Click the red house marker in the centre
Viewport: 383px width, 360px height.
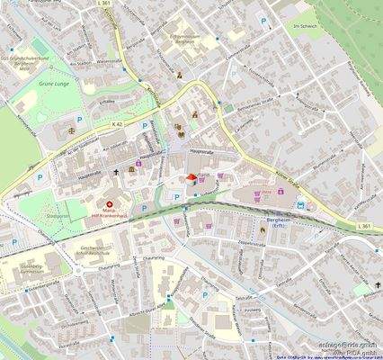tap(191, 177)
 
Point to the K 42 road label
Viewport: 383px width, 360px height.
tap(116, 123)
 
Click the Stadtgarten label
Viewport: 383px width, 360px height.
tap(58, 217)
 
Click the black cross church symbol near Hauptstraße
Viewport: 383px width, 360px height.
tap(116, 172)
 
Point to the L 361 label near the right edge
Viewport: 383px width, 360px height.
tap(362, 225)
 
